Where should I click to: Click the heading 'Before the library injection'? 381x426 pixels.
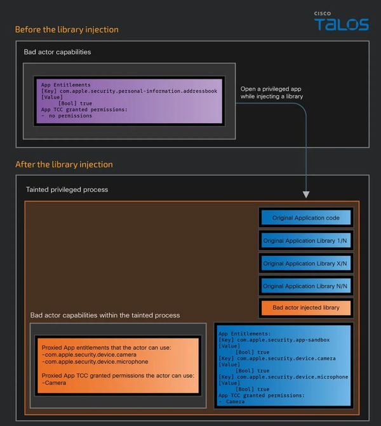coord(67,29)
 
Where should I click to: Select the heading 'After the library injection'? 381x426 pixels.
coord(64,164)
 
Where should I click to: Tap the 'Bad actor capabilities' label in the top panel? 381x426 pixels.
coord(57,52)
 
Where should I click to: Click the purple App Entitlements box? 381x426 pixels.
coord(129,100)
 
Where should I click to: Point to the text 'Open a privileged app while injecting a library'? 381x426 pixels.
coord(271,93)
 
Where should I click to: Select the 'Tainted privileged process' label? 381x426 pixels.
coord(67,189)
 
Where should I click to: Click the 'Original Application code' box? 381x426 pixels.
coord(305,218)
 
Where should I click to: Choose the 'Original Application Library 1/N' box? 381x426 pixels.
coord(305,241)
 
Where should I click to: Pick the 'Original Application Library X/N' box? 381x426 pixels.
coord(305,263)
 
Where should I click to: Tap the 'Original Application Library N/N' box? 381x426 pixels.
coord(305,286)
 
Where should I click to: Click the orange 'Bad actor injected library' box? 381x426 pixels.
coord(305,308)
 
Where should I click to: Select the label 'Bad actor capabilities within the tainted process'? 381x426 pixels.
coord(105,315)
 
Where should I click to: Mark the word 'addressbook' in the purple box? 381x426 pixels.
coord(199,91)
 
